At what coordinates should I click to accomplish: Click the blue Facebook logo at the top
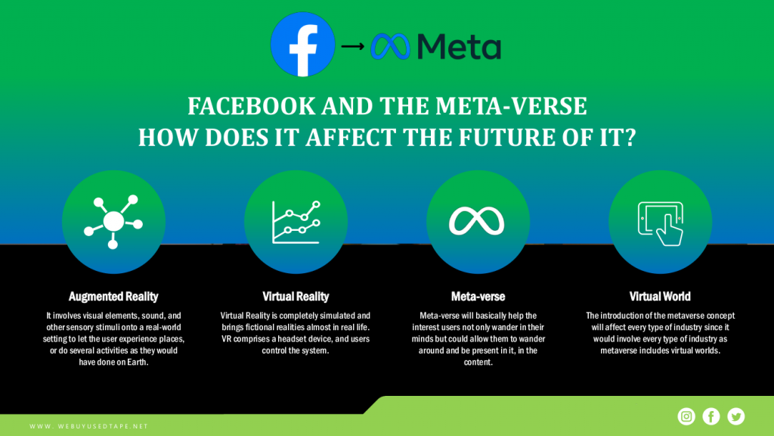(302, 45)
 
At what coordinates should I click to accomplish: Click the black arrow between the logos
(352, 46)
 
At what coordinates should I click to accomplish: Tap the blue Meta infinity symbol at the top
(390, 46)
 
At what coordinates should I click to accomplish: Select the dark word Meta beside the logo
(459, 46)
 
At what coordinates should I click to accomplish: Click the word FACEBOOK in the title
(251, 106)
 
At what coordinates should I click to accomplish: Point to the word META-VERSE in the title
(511, 106)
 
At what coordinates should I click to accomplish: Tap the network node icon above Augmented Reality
(113, 222)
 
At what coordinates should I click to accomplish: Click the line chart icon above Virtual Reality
(296, 222)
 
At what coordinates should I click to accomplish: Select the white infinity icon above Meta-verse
(477, 221)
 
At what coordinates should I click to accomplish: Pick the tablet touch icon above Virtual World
(661, 223)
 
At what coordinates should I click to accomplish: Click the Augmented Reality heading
(113, 297)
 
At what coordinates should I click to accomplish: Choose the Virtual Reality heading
(296, 297)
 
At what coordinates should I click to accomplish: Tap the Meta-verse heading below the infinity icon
(478, 297)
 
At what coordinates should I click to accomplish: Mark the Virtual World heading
(660, 297)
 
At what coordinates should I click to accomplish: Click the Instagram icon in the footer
(686, 417)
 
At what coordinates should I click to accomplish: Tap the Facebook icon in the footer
(711, 417)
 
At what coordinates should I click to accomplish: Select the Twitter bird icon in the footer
(736, 417)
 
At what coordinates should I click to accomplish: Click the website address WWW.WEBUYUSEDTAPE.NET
(89, 426)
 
